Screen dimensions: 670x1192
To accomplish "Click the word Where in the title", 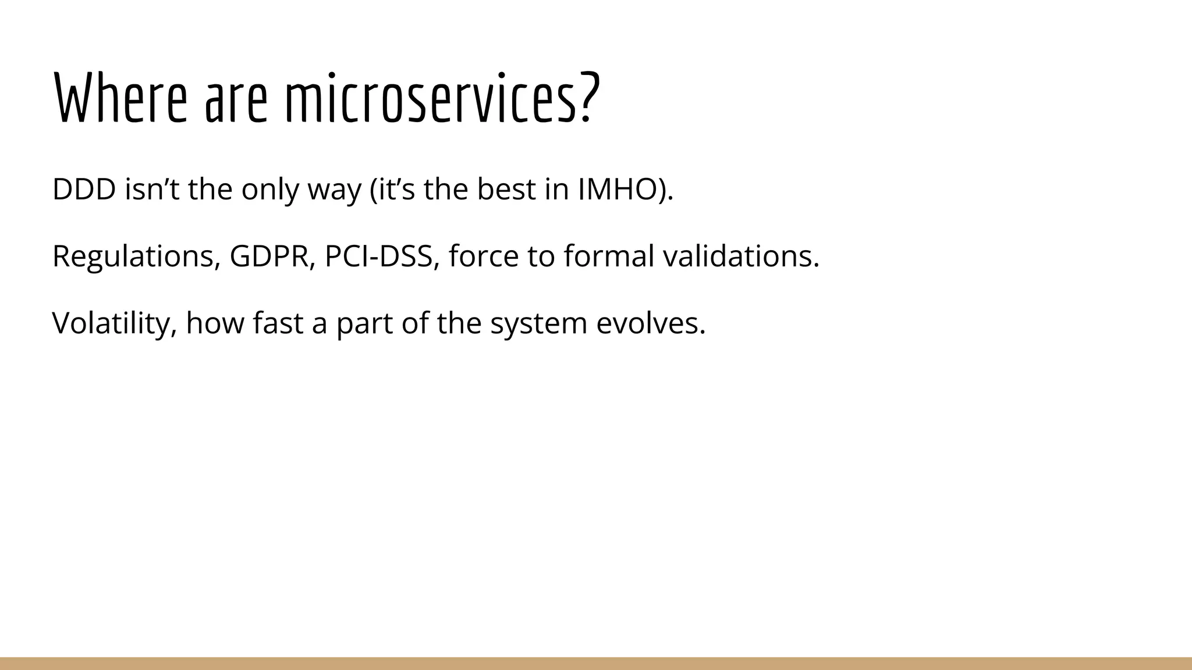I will (x=120, y=98).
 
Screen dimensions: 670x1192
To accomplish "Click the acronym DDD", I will (x=84, y=190).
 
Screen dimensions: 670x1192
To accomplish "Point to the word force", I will (x=483, y=256).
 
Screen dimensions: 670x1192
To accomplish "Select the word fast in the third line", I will (x=278, y=323).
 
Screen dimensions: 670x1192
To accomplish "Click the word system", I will (x=538, y=323).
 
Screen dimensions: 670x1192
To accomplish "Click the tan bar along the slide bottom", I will (x=596, y=664).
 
